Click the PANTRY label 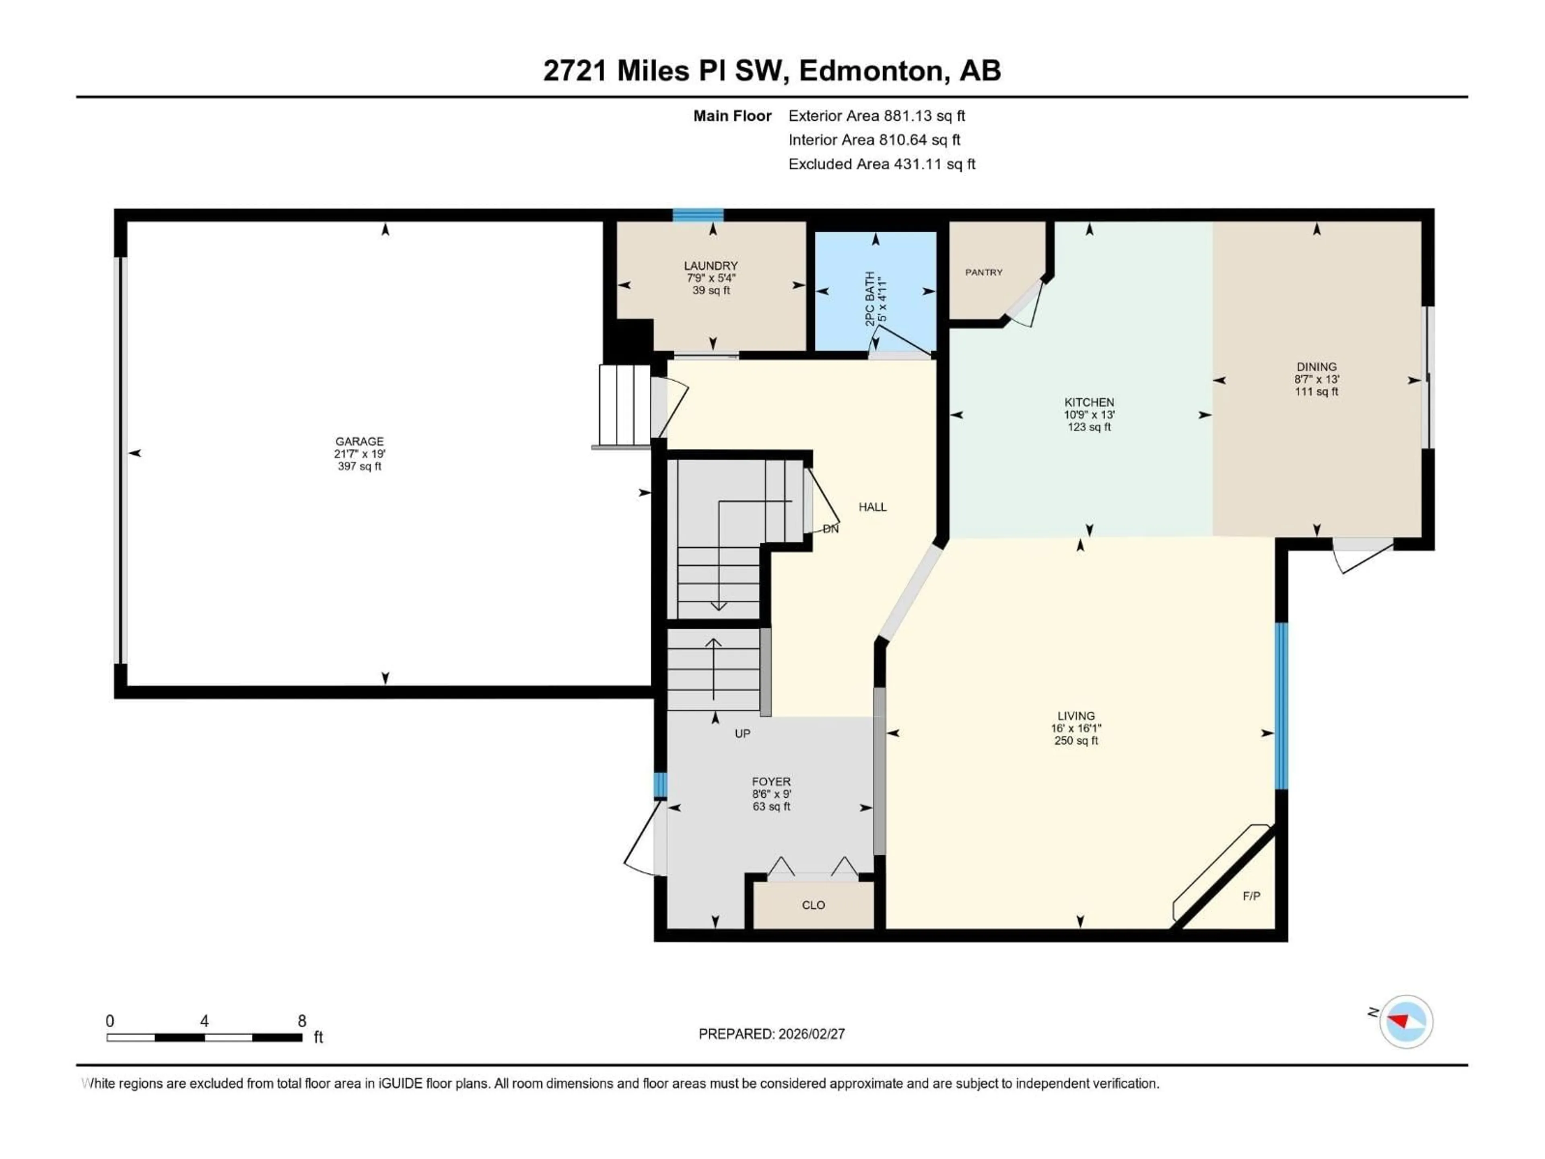coord(983,272)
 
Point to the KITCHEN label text coord(1089,402)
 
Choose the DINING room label coord(1316,367)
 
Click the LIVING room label coord(1075,716)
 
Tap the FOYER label coord(771,782)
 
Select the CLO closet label coord(813,905)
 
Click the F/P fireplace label coord(1251,896)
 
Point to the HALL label coord(872,507)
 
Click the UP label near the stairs coord(742,734)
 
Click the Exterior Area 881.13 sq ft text coord(877,116)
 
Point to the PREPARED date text coord(772,1034)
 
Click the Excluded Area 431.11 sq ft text coord(882,164)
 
